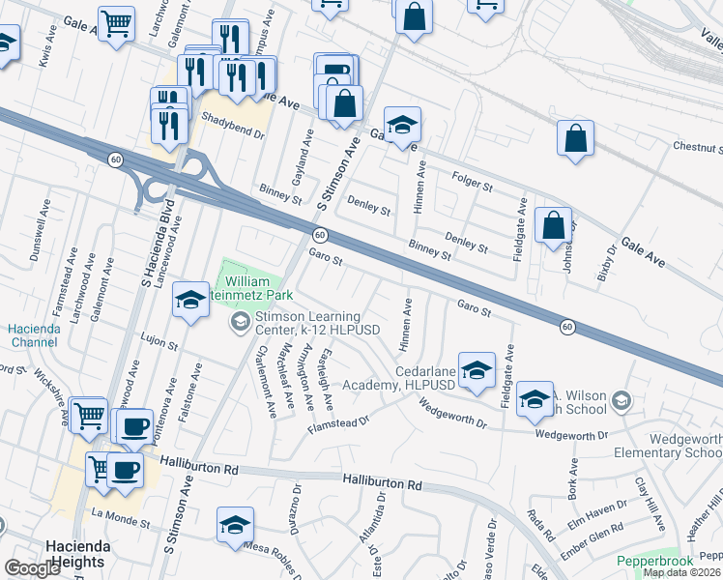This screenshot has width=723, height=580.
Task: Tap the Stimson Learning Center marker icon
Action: pos(240,322)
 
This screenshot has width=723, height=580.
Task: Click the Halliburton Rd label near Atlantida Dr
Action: pos(383,480)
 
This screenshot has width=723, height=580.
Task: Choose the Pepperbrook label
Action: pos(655,561)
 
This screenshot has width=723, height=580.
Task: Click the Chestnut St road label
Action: pos(698,147)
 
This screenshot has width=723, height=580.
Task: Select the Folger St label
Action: pos(473,180)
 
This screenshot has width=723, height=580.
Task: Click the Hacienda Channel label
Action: pos(34,335)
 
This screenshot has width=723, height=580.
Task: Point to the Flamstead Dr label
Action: pos(339,420)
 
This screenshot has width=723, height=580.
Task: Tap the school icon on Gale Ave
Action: pos(402,124)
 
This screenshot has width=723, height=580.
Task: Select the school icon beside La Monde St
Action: pos(235,524)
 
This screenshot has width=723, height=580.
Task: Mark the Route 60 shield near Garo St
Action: pos(318,235)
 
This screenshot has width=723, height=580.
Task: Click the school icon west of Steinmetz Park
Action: pos(191,301)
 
